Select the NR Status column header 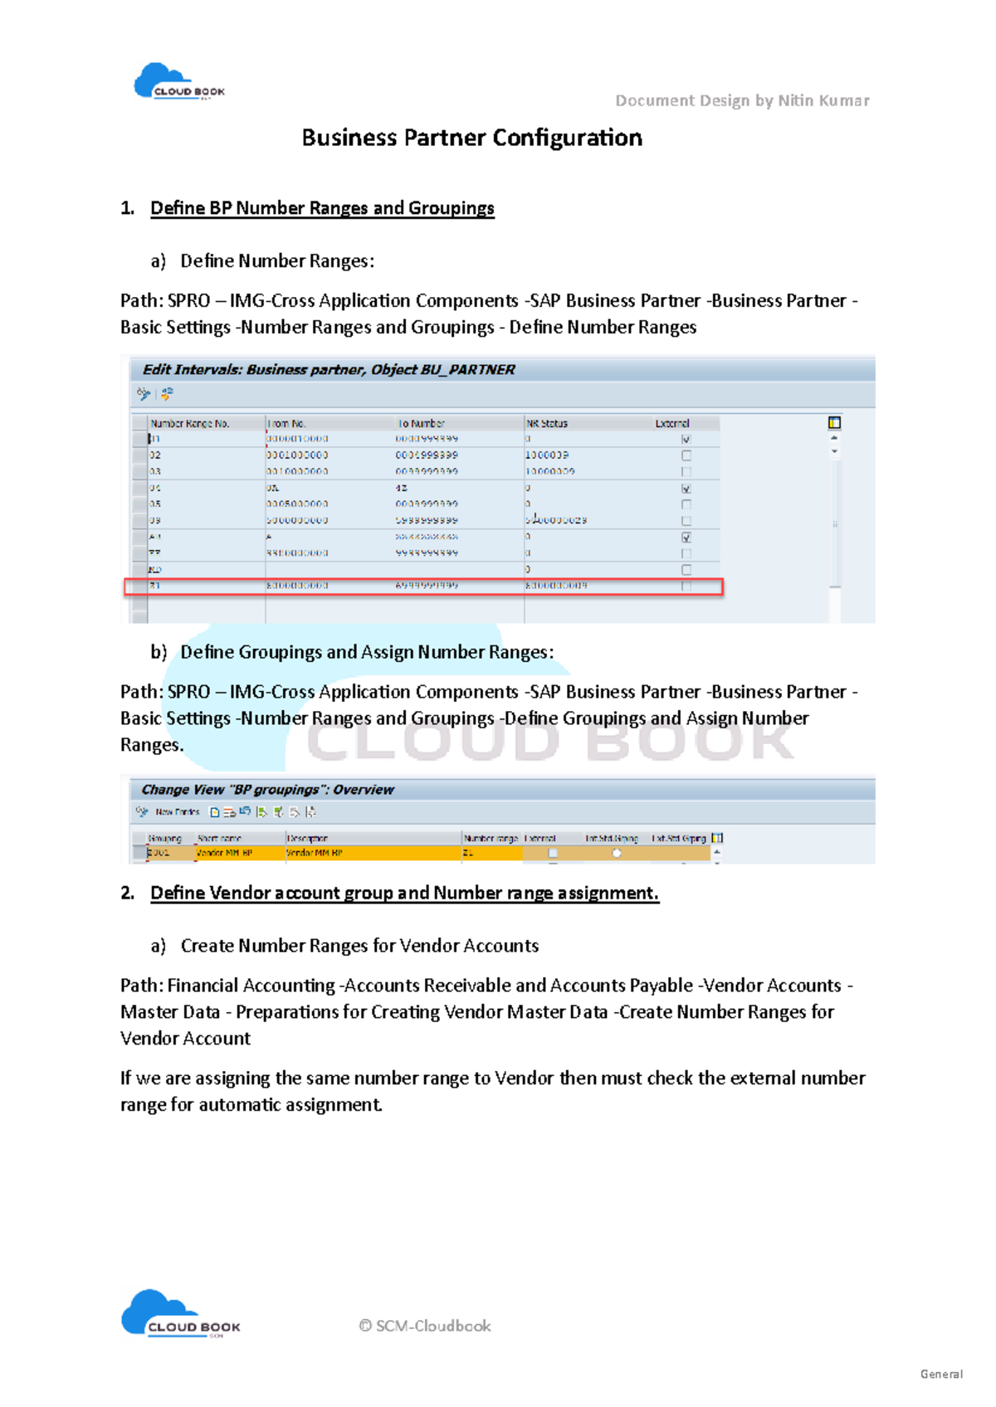pyautogui.click(x=547, y=423)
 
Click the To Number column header pyautogui.click(x=422, y=423)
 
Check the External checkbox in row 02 pyautogui.click(x=686, y=455)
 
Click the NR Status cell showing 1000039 pyautogui.click(x=547, y=455)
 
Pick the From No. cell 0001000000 pyautogui.click(x=298, y=455)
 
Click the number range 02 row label pyautogui.click(x=155, y=455)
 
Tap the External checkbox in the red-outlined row pyautogui.click(x=686, y=586)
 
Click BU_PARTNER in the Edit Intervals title pyautogui.click(x=467, y=370)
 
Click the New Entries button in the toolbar pyautogui.click(x=177, y=812)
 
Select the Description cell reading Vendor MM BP pyautogui.click(x=315, y=853)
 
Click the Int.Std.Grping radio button pyautogui.click(x=617, y=853)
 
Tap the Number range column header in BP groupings pyautogui.click(x=491, y=839)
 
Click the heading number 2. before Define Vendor pyautogui.click(x=127, y=893)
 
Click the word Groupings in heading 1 pyautogui.click(x=451, y=208)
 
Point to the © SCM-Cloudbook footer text pyautogui.click(x=425, y=1326)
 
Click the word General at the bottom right pyautogui.click(x=941, y=1374)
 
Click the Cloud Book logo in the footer pyautogui.click(x=179, y=1314)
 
